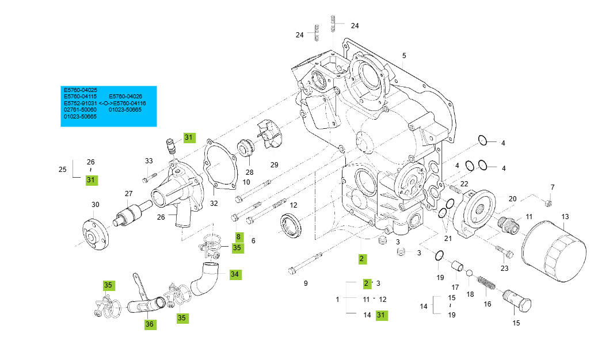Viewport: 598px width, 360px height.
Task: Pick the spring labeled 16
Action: pyautogui.click(x=486, y=284)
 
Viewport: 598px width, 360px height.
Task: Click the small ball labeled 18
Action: pyautogui.click(x=470, y=274)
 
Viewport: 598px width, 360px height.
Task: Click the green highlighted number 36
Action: pyautogui.click(x=150, y=324)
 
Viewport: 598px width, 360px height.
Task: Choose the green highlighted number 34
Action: pyautogui.click(x=235, y=274)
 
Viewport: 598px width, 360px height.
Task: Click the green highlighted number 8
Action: pyautogui.click(x=239, y=236)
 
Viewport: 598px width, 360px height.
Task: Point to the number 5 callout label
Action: pyautogui.click(x=404, y=56)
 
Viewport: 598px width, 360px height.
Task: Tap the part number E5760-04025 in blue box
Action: pyautogui.click(x=81, y=90)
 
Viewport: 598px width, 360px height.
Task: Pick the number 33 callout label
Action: pyautogui.click(x=149, y=160)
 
